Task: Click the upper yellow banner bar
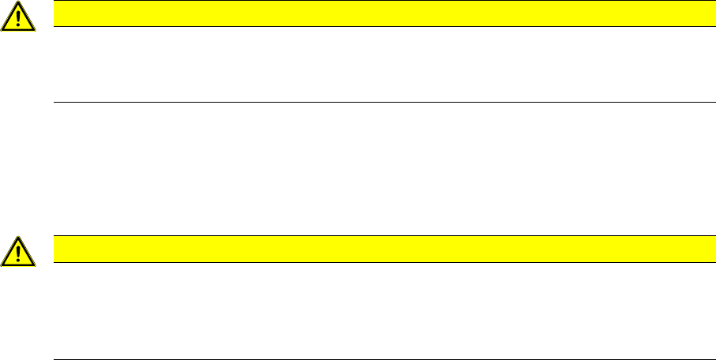(x=379, y=13)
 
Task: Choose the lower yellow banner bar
(x=379, y=249)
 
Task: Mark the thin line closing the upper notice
(x=379, y=102)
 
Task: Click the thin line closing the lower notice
(x=379, y=359)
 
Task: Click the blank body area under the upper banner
(x=379, y=63)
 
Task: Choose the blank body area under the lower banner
(x=379, y=310)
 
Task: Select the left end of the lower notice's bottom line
(x=54, y=359)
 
